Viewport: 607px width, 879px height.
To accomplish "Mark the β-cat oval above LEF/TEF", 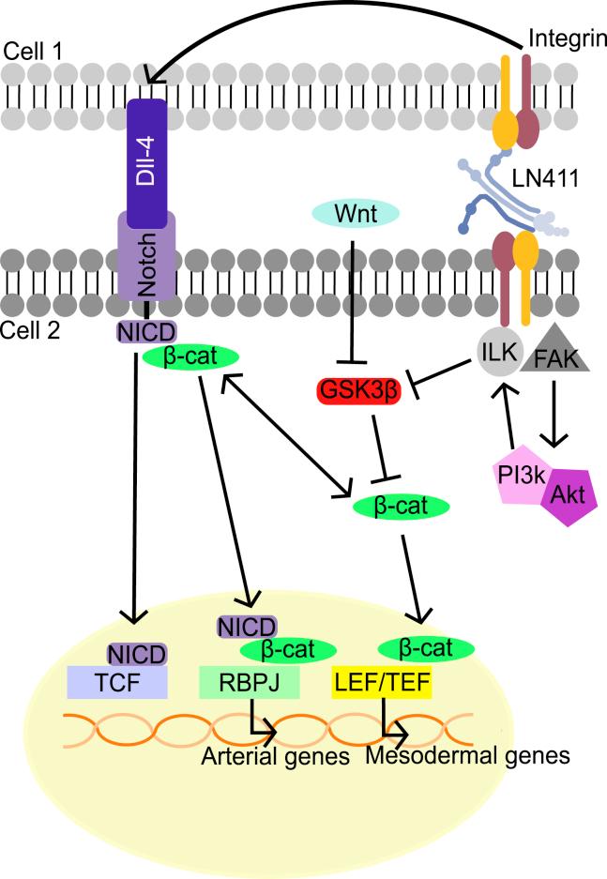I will click(x=424, y=648).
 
